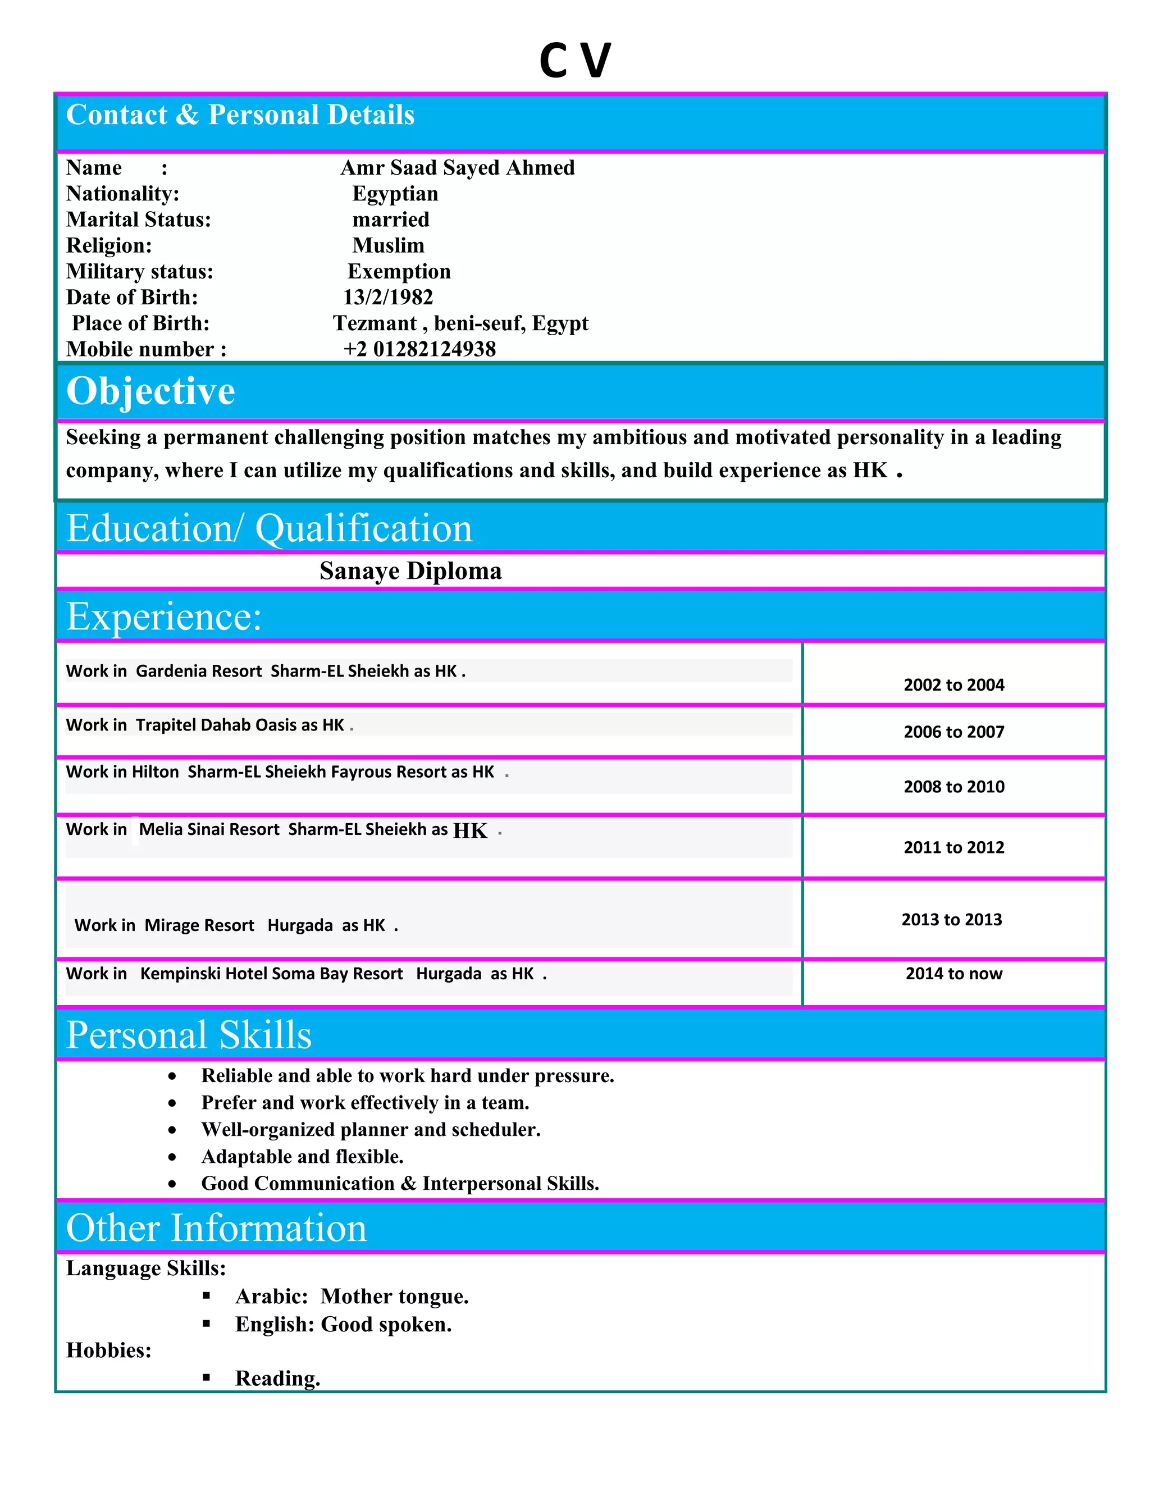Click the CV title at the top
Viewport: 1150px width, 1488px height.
575,60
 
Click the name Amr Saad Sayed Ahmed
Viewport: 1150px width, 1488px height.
457,167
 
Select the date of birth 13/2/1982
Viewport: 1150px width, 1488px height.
387,297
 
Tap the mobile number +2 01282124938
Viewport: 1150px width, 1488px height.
419,349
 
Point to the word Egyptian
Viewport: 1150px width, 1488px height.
395,194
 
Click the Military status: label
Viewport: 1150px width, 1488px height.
140,271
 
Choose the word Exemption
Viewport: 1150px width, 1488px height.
399,271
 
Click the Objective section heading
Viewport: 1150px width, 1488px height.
150,391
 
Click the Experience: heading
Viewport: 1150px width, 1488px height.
163,617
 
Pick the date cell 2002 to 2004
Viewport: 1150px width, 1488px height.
954,684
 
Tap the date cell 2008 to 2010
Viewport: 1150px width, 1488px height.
954,786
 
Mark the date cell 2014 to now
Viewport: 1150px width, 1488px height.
954,974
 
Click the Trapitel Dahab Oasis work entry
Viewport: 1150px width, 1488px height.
209,725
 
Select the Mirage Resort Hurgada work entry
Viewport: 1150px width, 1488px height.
236,925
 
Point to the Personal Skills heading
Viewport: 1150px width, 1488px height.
189,1035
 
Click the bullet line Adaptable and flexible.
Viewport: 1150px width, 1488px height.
303,1156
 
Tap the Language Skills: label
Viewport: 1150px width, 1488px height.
146,1268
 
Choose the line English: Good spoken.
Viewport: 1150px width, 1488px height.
343,1324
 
